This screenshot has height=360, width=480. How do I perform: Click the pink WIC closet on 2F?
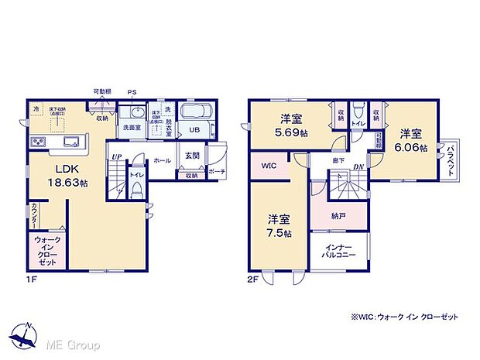click(269, 166)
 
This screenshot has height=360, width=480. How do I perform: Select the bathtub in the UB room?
click(198, 113)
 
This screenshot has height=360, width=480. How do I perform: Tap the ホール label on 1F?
click(163, 160)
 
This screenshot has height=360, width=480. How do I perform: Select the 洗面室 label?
click(131, 127)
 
